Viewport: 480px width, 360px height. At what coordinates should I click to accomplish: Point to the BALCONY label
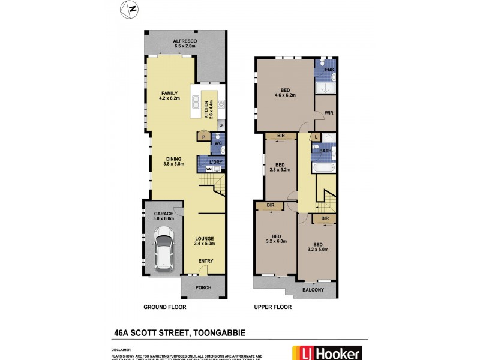pos(313,290)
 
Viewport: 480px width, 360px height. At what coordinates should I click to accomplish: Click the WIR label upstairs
pos(329,113)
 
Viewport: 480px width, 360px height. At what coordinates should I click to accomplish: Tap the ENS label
pos(329,70)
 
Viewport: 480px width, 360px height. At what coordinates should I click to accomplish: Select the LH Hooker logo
pos(326,353)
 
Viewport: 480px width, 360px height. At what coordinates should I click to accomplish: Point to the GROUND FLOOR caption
pos(164,307)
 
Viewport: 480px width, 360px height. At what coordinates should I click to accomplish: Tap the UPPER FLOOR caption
pos(272,307)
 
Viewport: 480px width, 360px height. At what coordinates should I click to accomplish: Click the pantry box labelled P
pos(202,137)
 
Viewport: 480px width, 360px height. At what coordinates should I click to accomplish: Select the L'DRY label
pos(215,161)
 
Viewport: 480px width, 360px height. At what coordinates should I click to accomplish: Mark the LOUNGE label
pos(204,238)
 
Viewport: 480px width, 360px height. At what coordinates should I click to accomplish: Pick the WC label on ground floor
pos(218,143)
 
